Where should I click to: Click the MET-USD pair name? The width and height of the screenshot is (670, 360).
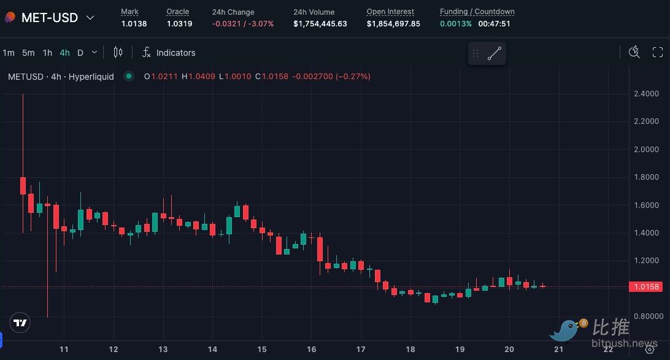coord(49,18)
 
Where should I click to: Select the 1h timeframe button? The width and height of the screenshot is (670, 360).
coord(47,53)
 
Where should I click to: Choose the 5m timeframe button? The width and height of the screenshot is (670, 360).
coord(28,53)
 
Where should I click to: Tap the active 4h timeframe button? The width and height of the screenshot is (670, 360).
coord(64,53)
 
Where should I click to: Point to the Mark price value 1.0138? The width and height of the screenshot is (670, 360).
coord(134,24)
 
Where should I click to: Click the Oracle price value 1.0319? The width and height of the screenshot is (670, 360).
coord(179,24)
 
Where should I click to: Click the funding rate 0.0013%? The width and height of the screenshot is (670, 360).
coord(456,24)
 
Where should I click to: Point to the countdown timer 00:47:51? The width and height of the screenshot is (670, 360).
coord(494,24)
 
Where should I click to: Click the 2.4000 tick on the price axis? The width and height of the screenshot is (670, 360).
coord(645,94)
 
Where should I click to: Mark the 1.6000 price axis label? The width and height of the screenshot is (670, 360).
coord(645,205)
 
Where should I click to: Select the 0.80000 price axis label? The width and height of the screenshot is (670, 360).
coord(647,316)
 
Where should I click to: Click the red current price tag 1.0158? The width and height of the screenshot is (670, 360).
coord(645,286)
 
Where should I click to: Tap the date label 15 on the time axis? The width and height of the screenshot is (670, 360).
coord(262,349)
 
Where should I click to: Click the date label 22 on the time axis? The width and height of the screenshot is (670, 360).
coord(608,349)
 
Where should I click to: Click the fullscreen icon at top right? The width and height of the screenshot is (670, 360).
coord(657,53)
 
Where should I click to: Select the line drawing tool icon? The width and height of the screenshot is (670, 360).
coord(495,54)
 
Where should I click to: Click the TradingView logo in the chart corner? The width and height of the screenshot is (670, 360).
coord(20,323)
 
